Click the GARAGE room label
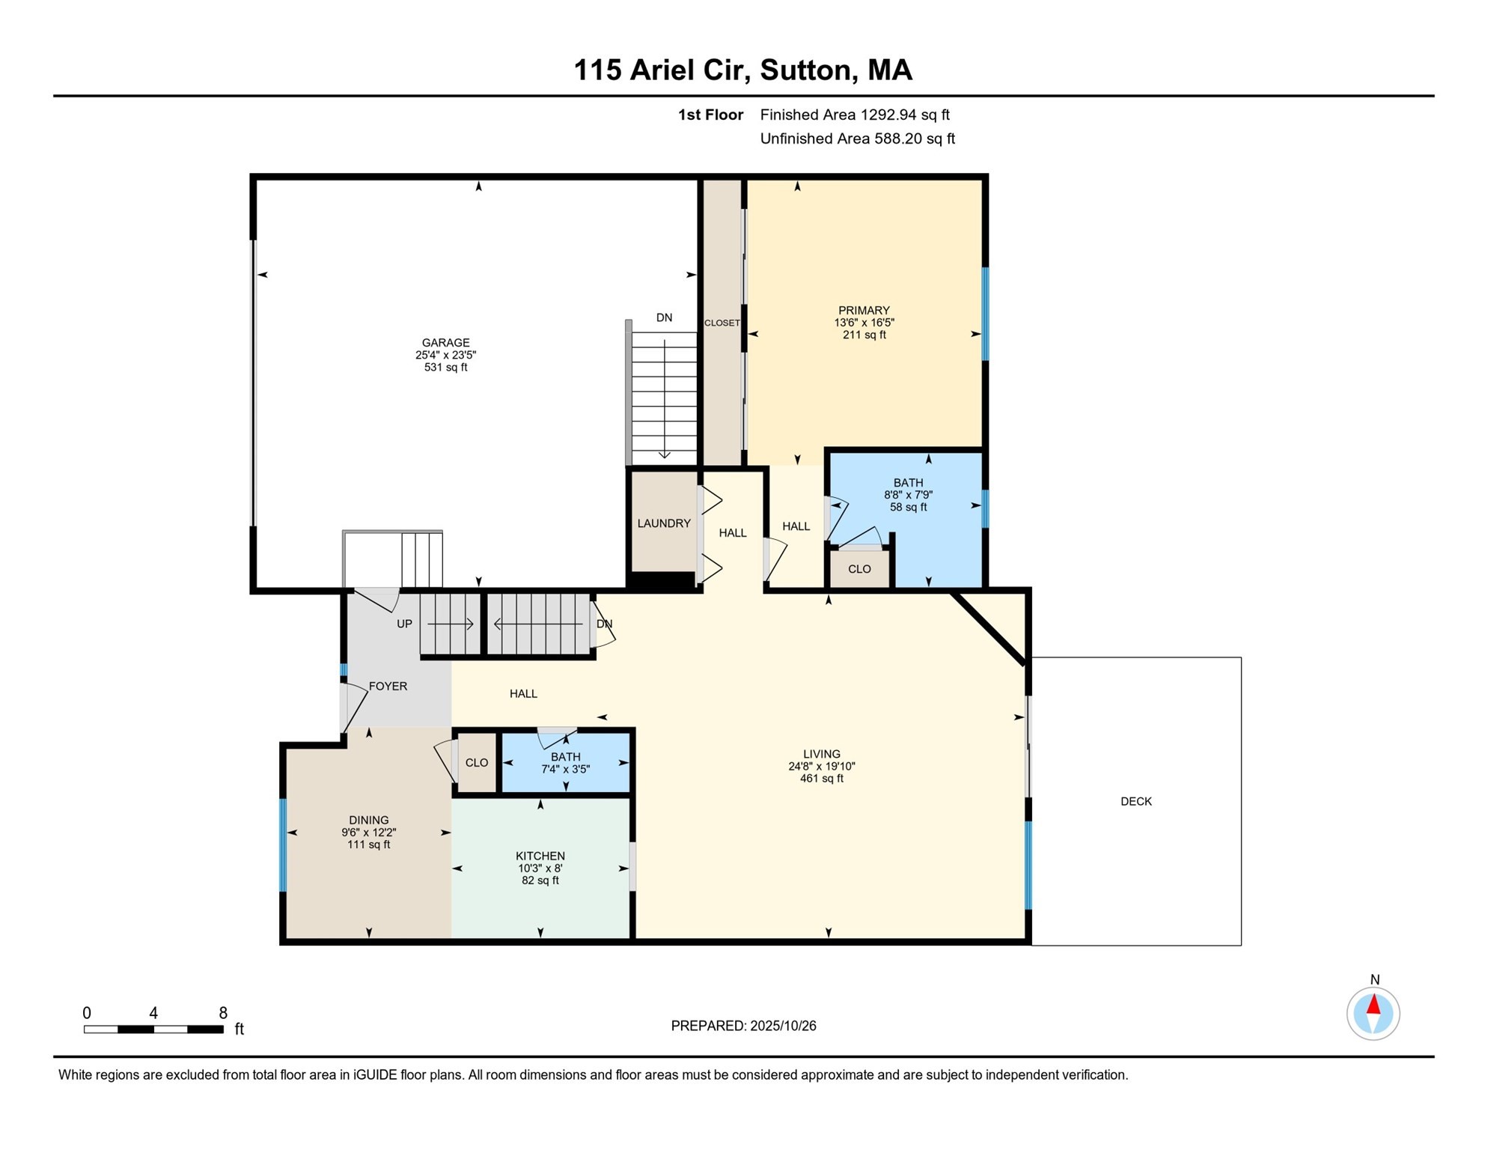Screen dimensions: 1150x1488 [x=445, y=343]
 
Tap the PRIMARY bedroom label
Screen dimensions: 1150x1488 [x=864, y=311]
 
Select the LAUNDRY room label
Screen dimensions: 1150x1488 [x=663, y=523]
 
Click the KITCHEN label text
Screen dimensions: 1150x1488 [x=540, y=856]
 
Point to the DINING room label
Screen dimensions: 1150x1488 [x=368, y=820]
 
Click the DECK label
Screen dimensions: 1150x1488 [x=1135, y=801]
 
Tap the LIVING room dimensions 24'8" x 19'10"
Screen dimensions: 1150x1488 [x=821, y=767]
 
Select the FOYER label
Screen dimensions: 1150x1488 [x=388, y=686]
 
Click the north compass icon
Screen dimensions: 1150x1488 [x=1373, y=1014]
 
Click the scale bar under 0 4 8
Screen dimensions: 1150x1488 [x=153, y=1029]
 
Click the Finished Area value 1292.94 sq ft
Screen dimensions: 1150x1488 [x=904, y=115]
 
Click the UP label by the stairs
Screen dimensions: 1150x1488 [x=404, y=624]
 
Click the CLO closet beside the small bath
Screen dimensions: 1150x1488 [x=477, y=762]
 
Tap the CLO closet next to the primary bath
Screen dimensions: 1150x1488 [x=859, y=569]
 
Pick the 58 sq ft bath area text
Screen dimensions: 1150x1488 [x=908, y=507]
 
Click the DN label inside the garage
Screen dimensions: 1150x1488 [x=664, y=317]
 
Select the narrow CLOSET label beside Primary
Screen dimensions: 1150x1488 [x=722, y=323]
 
